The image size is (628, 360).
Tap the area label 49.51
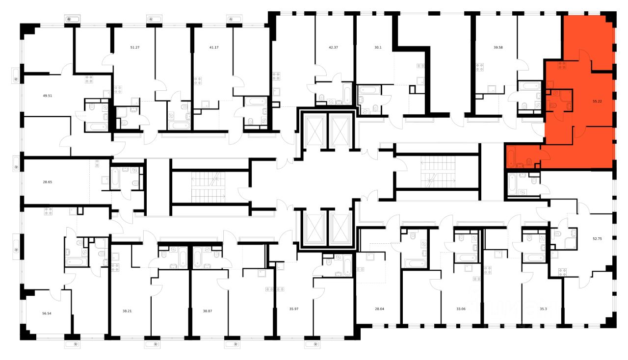pos(48,96)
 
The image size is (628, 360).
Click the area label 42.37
pos(333,47)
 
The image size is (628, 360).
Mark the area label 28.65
pos(48,182)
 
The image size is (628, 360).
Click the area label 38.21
pos(127,310)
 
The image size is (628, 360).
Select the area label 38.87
pos(208,310)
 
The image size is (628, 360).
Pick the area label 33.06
pos(462,309)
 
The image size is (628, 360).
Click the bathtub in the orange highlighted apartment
pos(511,157)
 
